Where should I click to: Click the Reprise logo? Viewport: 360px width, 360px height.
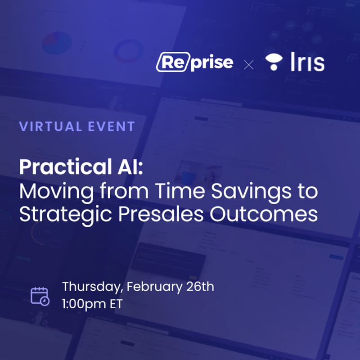[194, 63]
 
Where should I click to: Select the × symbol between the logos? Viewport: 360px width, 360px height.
[248, 64]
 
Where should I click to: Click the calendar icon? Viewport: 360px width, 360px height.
[39, 295]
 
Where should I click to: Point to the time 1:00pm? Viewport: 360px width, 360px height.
[84, 303]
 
